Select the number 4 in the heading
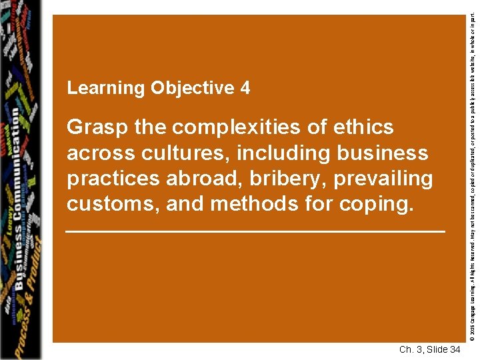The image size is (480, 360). pyautogui.click(x=246, y=88)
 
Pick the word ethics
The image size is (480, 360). pyautogui.click(x=360, y=127)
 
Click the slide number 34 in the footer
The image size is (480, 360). pyautogui.click(x=453, y=349)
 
